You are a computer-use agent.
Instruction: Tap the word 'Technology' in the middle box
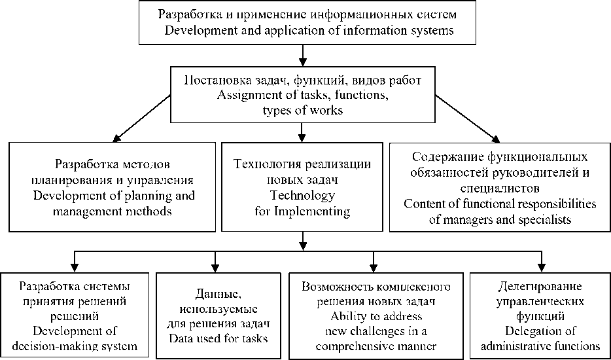pyautogui.click(x=302, y=195)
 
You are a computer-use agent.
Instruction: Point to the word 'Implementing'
pyautogui.click(x=314, y=211)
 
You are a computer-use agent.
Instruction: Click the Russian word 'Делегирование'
pyautogui.click(x=540, y=287)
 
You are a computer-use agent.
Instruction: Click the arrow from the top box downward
pyautogui.click(x=302, y=52)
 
